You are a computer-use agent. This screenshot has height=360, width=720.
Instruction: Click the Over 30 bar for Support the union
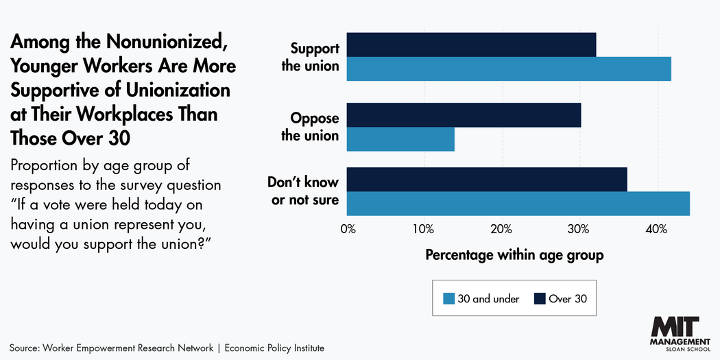click(471, 45)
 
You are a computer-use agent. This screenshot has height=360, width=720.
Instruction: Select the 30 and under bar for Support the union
click(509, 70)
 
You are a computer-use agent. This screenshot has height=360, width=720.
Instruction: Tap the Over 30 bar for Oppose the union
click(464, 115)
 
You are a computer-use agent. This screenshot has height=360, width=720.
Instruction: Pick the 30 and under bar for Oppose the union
click(400, 139)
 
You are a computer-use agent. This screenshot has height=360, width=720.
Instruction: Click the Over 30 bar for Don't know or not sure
click(487, 180)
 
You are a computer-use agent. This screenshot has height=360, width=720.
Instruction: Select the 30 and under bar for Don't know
click(518, 204)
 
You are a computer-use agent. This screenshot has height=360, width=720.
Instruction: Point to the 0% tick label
click(348, 229)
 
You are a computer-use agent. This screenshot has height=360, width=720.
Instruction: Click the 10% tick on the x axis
click(424, 229)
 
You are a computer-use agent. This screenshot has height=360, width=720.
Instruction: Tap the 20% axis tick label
click(502, 229)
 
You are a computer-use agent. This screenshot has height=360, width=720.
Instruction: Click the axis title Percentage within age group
click(514, 255)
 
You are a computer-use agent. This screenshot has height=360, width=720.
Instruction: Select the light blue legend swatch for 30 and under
click(449, 298)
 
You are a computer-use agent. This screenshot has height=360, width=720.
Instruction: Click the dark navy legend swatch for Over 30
click(540, 298)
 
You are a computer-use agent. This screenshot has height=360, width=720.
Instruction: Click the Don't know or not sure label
click(303, 192)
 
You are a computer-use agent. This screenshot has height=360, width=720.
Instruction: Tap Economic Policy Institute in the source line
click(274, 348)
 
